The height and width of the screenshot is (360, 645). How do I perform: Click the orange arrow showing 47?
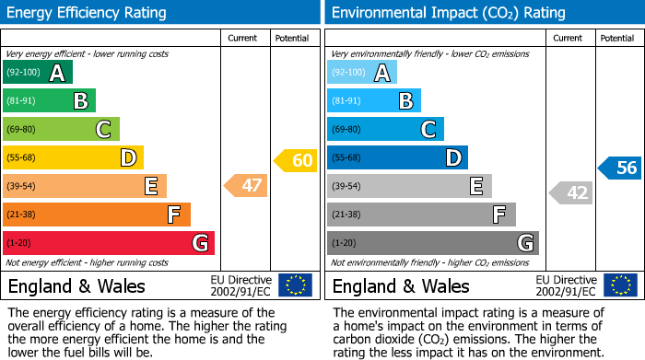click(247, 186)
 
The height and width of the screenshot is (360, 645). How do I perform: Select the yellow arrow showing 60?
click(296, 161)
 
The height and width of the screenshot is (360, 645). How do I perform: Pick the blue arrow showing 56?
click(620, 168)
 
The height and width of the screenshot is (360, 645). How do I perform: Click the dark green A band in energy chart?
click(37, 73)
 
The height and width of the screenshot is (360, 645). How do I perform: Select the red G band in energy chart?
click(109, 243)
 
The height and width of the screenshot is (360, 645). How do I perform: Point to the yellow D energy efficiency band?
click(73, 158)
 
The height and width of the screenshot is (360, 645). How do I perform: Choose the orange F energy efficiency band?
click(97, 215)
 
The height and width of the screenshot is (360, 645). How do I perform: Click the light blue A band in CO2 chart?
click(362, 73)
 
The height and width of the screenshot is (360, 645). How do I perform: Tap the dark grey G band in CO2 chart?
click(432, 243)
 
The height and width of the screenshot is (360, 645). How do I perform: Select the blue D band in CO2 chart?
click(397, 158)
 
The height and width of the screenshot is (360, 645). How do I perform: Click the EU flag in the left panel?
click(295, 285)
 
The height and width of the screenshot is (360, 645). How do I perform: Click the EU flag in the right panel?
click(619, 285)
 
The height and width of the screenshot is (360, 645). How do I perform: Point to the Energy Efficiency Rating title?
click(88, 13)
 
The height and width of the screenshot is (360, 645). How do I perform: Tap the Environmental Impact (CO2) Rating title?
click(448, 13)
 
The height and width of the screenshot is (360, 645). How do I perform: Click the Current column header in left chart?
click(242, 38)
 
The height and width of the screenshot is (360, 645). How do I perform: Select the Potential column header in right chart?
click(616, 38)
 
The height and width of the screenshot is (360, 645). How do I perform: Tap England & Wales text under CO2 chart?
click(401, 286)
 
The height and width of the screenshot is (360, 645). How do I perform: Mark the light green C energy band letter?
click(104, 130)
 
